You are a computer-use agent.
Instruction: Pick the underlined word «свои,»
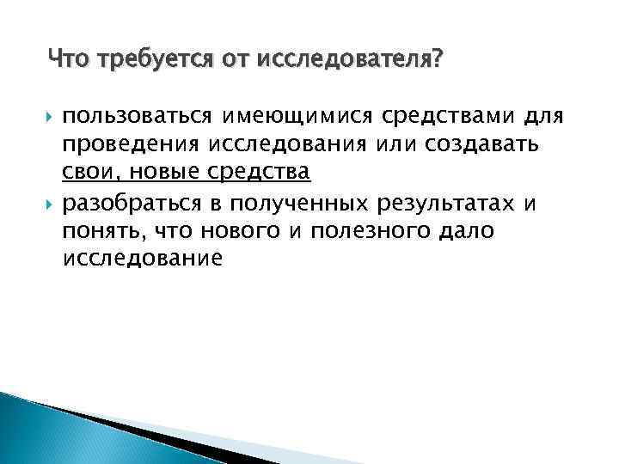(x=86, y=173)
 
